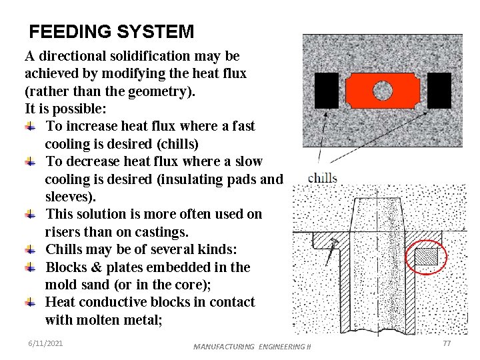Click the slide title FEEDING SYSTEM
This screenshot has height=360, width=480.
click(x=112, y=31)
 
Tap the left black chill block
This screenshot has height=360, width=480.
click(x=326, y=90)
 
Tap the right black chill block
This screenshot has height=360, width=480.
click(x=439, y=90)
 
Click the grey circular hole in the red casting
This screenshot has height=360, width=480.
click(x=383, y=90)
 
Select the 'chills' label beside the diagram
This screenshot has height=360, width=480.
click(x=323, y=178)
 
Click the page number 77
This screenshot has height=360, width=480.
click(x=447, y=343)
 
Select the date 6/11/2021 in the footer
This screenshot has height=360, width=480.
click(x=45, y=343)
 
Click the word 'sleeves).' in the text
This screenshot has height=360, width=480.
click(x=71, y=197)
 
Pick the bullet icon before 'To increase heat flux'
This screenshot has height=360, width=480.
click(x=30, y=126)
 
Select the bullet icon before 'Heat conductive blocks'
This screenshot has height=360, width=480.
click(x=30, y=302)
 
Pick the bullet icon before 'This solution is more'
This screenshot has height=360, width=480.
click(x=30, y=214)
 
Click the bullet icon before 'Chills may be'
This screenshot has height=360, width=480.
click(x=30, y=249)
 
